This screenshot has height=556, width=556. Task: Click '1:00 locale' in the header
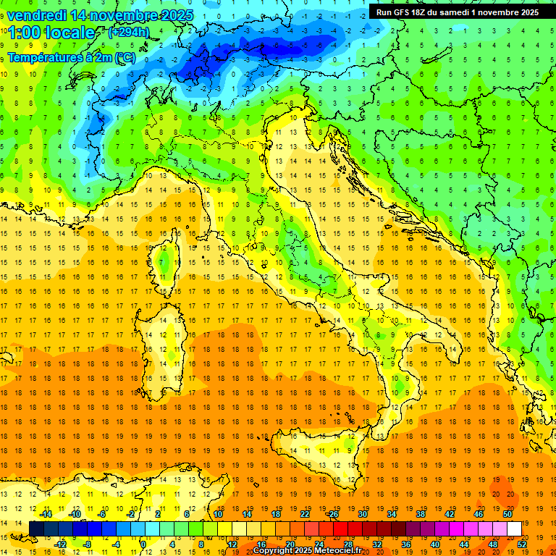[x=51, y=33]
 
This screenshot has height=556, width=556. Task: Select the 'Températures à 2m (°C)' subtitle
[x=71, y=56]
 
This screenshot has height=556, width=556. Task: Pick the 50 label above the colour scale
[x=507, y=514]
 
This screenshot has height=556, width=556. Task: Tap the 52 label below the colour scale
[x=521, y=544]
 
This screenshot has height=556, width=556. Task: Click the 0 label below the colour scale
[x=144, y=544]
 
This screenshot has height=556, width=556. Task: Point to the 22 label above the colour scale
[x=304, y=514]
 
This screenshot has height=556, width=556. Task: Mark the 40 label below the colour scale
[x=434, y=544]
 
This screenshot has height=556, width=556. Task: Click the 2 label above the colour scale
[x=158, y=514]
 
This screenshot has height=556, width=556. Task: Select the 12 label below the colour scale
[x=232, y=544]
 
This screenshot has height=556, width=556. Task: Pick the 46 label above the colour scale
[x=478, y=514]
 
